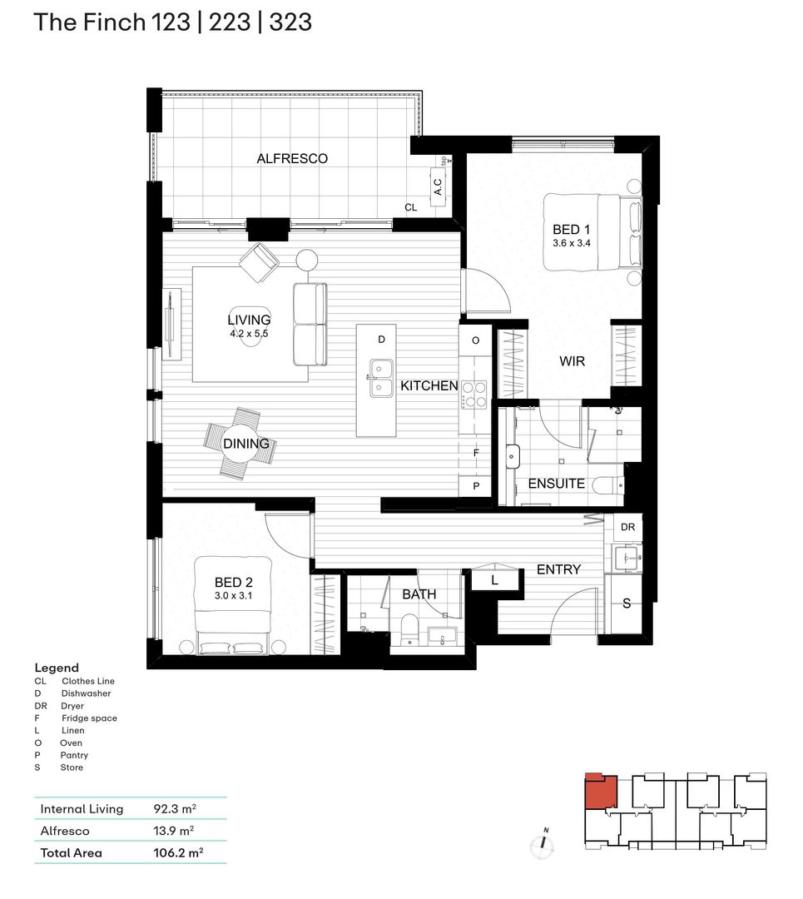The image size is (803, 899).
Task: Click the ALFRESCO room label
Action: click(x=292, y=158)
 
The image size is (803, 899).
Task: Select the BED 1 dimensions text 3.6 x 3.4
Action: click(x=571, y=243)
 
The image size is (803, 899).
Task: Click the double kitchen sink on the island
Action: click(x=381, y=377)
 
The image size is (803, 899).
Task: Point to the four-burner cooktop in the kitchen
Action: click(x=474, y=394)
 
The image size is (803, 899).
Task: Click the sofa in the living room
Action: click(x=310, y=325)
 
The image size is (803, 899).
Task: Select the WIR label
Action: click(x=572, y=362)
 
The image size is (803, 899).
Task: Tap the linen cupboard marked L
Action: click(x=494, y=579)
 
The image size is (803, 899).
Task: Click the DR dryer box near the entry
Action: click(x=627, y=528)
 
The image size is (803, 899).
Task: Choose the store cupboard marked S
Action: click(x=627, y=603)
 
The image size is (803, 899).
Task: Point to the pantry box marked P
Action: click(x=476, y=485)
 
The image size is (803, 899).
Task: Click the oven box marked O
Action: click(x=476, y=340)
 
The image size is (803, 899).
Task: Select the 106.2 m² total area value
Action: click(x=178, y=852)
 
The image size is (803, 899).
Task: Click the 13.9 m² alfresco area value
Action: click(x=173, y=831)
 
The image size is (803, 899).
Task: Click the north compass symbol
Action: click(x=543, y=842)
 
